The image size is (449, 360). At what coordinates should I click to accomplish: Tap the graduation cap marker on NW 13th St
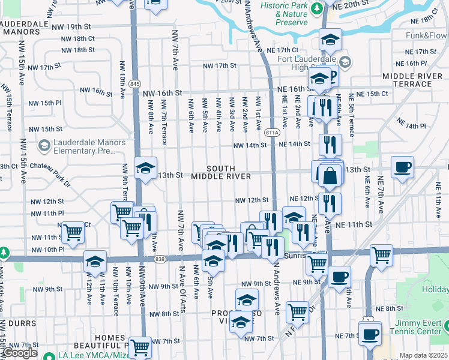click(145, 168)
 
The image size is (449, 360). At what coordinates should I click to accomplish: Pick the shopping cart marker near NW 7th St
click(139, 346)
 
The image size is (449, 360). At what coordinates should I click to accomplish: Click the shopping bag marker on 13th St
click(330, 176)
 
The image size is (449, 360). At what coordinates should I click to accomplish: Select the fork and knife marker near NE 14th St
click(330, 144)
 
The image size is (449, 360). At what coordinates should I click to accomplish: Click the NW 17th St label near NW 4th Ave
click(220, 65)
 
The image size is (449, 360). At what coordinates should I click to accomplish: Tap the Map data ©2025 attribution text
click(424, 356)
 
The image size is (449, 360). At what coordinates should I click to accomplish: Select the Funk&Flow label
click(426, 35)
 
